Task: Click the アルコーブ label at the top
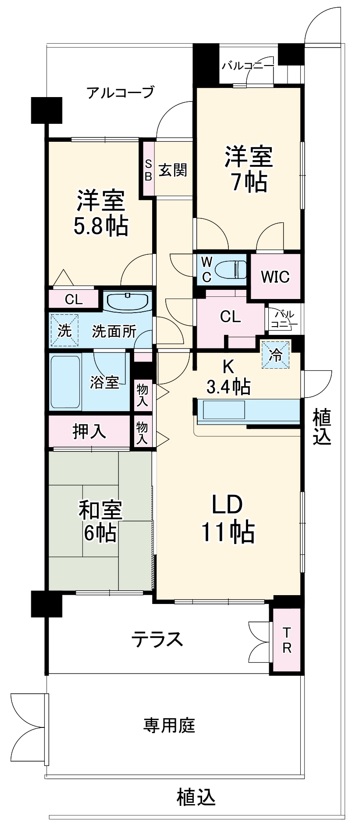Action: (120, 92)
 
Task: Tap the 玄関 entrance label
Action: (172, 170)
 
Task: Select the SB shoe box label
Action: (148, 169)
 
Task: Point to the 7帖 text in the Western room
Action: (245, 183)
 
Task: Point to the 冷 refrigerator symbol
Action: (273, 352)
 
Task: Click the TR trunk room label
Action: (286, 638)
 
